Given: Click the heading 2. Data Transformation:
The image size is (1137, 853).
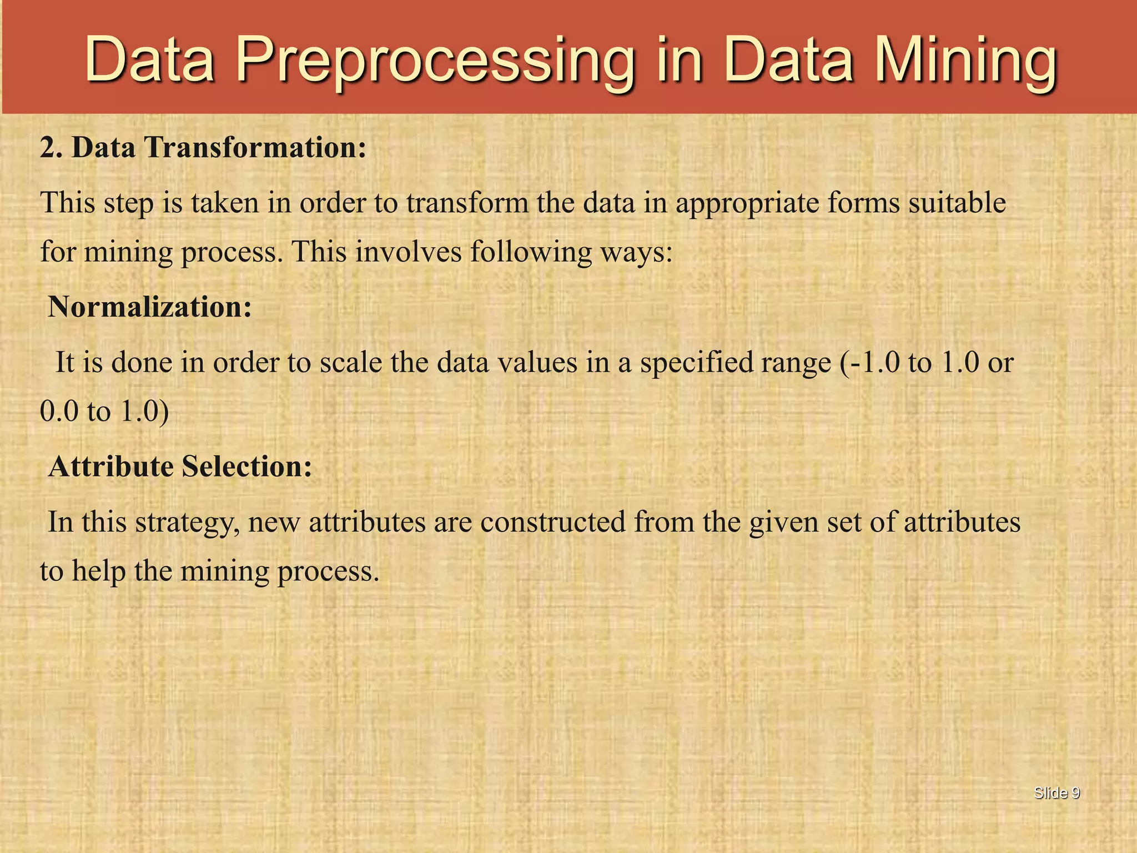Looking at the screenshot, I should click(203, 148).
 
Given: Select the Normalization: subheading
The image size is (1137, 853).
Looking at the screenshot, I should click(150, 307).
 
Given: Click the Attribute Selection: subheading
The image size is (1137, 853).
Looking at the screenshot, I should click(180, 466).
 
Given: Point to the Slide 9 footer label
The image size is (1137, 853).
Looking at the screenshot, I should click(1056, 793).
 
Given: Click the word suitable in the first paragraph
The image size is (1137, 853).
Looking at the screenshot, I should click(957, 203).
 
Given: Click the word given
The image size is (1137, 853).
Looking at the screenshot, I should click(783, 523).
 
